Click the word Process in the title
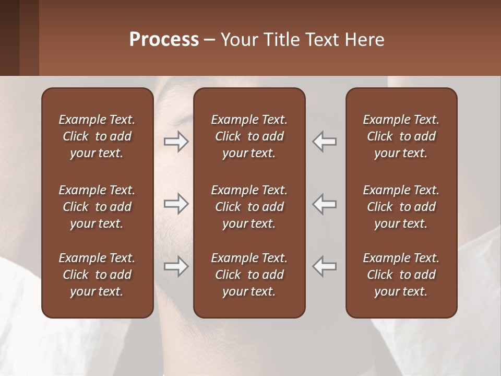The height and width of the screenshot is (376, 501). [x=164, y=40]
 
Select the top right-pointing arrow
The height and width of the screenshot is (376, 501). [x=176, y=142]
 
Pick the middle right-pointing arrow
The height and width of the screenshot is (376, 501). [x=176, y=204]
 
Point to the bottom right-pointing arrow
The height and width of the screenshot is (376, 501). [x=176, y=266]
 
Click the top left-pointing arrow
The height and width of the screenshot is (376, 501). [x=325, y=142]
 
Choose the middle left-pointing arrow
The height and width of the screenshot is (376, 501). [x=325, y=204]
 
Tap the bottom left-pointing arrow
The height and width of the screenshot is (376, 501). [x=325, y=266]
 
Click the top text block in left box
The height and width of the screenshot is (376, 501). [x=97, y=136]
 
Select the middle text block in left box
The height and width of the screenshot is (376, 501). [x=97, y=207]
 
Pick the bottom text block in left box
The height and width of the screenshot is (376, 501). [x=97, y=275]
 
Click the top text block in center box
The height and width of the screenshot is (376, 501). [x=249, y=136]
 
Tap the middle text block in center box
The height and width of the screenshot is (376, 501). [x=249, y=207]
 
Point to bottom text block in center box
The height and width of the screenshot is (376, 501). [x=249, y=275]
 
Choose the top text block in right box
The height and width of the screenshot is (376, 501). [x=401, y=136]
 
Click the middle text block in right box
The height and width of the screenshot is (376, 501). [x=401, y=207]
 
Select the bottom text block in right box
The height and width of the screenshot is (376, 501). [x=401, y=275]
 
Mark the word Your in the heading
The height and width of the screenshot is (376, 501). [x=239, y=40]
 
